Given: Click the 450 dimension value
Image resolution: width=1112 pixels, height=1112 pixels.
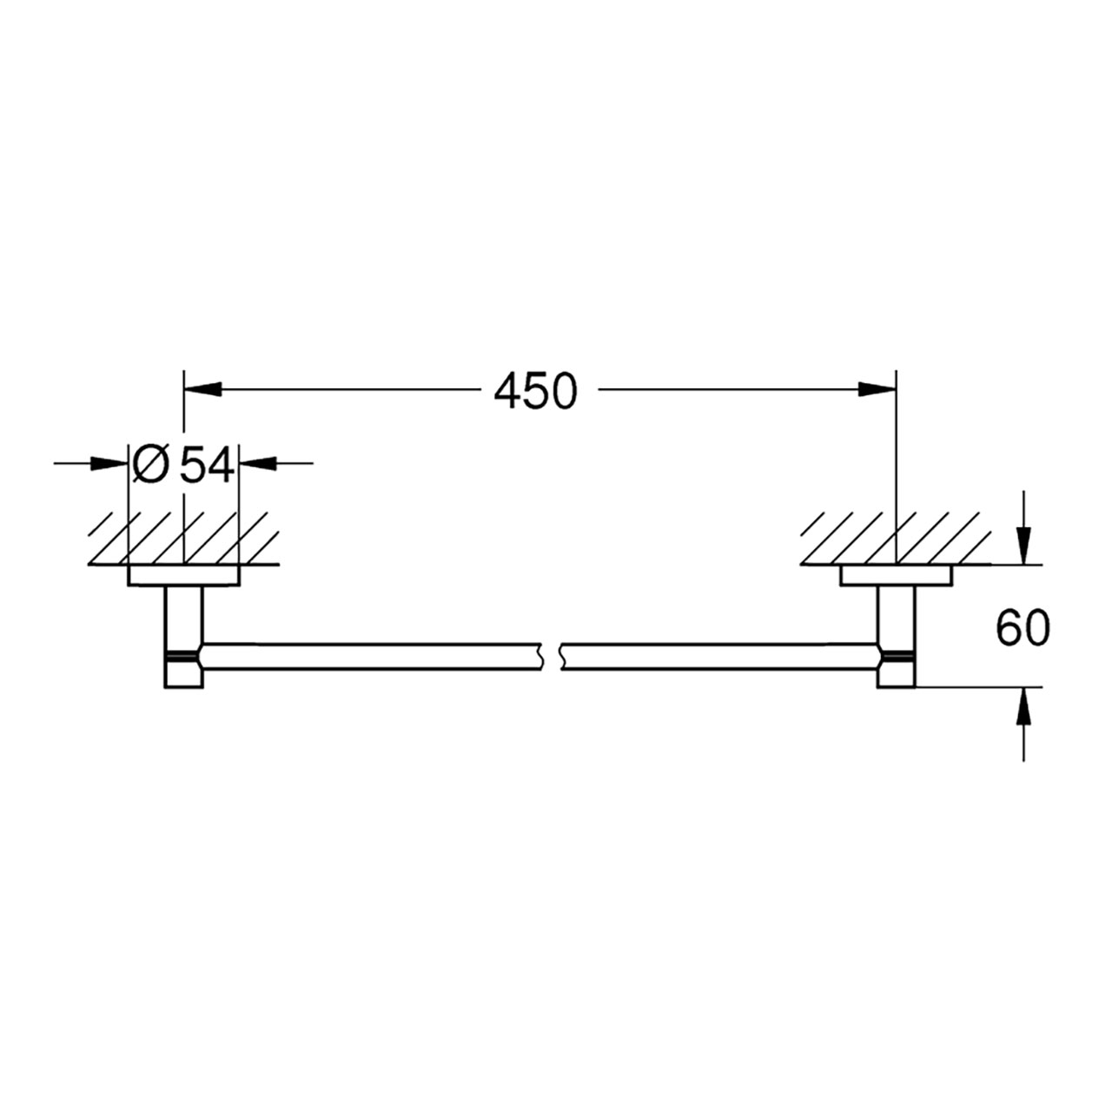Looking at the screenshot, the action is click(535, 391).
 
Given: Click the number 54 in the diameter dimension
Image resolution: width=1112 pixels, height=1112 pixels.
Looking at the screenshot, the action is click(207, 465).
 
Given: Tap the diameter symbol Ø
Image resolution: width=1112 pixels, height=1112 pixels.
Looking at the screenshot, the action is click(151, 465).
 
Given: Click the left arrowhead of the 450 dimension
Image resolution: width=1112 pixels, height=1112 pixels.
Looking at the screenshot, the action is click(202, 389).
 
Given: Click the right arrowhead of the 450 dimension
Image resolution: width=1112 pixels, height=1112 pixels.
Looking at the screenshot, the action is click(877, 389).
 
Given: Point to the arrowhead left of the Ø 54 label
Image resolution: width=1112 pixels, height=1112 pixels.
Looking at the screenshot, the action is click(109, 463).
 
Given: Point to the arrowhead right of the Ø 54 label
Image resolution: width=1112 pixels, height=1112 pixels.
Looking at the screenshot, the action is click(257, 463).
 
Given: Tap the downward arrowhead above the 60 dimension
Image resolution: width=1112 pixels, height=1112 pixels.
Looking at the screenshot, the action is click(1023, 546).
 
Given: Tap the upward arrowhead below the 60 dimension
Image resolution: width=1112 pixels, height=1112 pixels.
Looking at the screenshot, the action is click(1023, 707).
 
